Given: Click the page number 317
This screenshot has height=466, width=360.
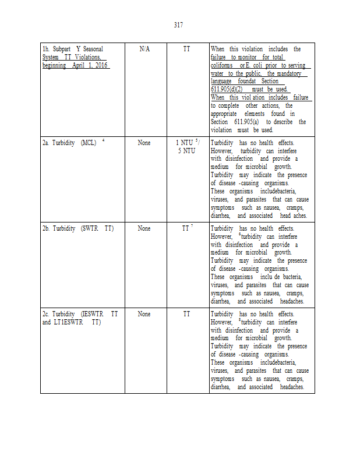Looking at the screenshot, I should tap(179, 24).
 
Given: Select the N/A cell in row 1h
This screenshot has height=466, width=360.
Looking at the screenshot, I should tap(144, 50).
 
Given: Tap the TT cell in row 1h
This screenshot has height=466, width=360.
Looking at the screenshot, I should tap(186, 50).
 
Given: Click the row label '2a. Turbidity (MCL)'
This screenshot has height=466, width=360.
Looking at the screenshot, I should tap(69, 143).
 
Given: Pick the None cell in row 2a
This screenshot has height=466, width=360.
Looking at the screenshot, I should tap(144, 143).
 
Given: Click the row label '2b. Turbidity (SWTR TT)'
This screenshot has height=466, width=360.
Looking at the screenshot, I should tap(77, 228).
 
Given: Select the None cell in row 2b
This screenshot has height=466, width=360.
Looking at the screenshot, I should tap(144, 228).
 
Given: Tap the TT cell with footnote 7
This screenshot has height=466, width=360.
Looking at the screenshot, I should tap(186, 228).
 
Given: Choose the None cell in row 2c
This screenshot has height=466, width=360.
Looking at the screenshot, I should tap(144, 314).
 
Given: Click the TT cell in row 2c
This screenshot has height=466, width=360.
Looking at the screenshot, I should tap(186, 314).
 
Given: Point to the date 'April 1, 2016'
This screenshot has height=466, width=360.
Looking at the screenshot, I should tap(91, 66).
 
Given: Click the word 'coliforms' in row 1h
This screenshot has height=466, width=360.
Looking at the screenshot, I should tap(222, 66).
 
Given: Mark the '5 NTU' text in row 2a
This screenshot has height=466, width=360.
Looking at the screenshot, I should tap(187, 151).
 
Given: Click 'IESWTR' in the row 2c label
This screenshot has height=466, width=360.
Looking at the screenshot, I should tap(93, 314).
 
